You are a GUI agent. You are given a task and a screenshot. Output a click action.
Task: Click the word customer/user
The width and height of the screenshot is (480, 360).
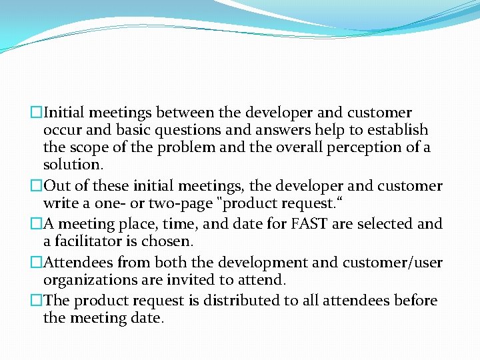pos(394,263)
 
